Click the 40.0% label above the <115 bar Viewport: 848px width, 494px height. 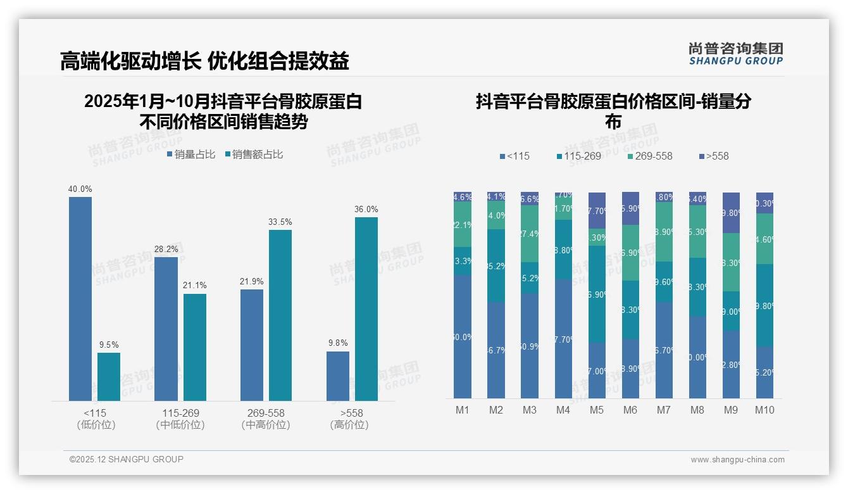(80, 189)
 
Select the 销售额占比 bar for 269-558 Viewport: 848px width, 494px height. (280, 315)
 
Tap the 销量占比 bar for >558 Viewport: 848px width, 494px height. (338, 376)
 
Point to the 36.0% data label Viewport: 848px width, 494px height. (366, 209)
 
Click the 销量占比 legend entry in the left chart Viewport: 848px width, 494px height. (191, 155)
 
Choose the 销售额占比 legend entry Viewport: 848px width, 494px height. (254, 155)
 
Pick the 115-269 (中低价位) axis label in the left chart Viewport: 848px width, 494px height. (180, 419)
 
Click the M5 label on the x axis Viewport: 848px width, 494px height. (597, 410)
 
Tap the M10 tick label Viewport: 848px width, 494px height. (764, 410)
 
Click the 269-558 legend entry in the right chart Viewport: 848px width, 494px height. (650, 156)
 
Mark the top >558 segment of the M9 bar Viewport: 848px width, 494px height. (731, 213)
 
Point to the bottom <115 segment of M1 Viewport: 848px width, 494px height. (463, 336)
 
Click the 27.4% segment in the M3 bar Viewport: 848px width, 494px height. (530, 234)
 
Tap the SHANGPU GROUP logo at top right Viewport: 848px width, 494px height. (736, 54)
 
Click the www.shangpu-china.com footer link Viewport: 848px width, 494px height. (737, 460)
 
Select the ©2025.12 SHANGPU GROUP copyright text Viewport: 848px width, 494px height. (127, 459)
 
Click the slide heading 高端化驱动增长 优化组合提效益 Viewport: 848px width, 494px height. (204, 61)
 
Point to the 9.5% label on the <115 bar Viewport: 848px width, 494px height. (109, 345)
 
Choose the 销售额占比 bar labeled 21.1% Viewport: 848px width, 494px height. (195, 346)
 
